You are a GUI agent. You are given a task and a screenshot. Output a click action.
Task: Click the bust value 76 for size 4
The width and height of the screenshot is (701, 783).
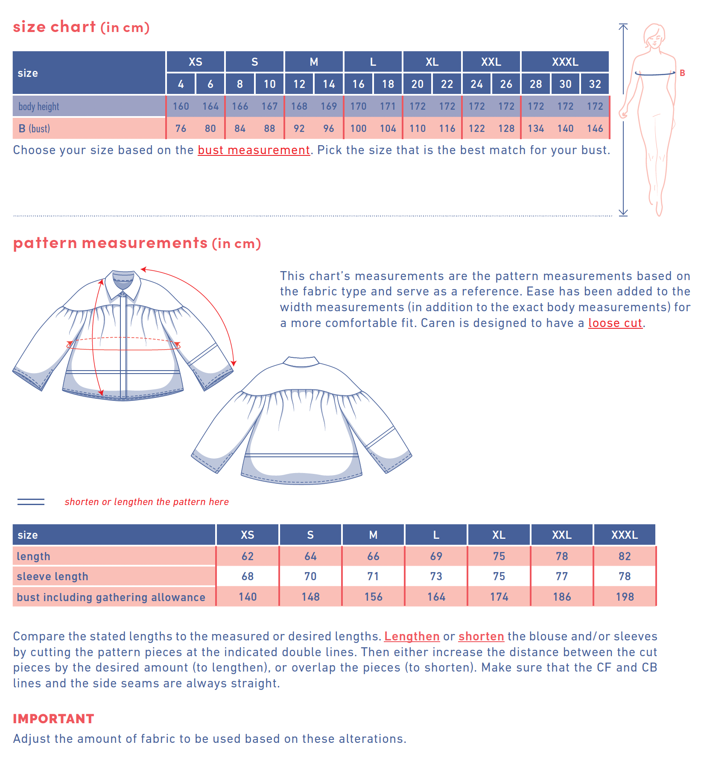coord(181,129)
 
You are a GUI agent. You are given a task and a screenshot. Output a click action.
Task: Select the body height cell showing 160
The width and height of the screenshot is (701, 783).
coord(181,106)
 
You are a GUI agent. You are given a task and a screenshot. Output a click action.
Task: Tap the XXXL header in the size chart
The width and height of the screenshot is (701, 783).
coord(565,62)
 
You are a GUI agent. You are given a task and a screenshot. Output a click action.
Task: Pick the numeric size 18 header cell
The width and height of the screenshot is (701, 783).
coord(388,84)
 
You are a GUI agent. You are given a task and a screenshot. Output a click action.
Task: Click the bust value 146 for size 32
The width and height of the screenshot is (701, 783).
coord(595,129)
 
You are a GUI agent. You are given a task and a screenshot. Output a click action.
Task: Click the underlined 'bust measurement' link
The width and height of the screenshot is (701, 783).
coord(254,150)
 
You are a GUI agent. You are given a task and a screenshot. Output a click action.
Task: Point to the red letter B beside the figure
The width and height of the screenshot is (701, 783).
coord(682,73)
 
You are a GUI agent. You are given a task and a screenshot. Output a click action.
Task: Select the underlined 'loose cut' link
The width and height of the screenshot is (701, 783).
coord(615,323)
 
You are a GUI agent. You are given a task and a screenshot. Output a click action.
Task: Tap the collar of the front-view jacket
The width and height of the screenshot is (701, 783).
coord(123,282)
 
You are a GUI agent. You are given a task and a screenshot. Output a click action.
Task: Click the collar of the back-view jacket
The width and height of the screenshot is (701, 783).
coord(301,362)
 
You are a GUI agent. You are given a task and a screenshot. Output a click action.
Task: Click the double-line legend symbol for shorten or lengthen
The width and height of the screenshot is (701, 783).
coord(31,502)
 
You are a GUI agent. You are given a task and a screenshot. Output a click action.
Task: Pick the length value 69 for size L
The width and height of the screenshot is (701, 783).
coord(436,556)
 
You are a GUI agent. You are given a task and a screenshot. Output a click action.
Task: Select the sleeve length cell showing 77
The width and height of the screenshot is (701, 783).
coord(561,576)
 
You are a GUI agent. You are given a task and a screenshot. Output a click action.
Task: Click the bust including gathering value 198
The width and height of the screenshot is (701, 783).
coord(625,597)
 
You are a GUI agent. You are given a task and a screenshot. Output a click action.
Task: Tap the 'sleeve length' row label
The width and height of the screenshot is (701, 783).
coord(53,576)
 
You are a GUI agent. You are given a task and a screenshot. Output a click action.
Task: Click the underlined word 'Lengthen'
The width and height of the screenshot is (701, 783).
coord(412,637)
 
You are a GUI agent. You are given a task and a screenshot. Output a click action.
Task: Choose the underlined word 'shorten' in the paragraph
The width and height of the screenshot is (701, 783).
coord(481,637)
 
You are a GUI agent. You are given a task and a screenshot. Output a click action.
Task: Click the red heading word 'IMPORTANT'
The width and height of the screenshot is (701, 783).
coord(53,719)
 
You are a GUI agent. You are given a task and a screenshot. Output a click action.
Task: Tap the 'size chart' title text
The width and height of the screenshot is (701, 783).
coord(54,27)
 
